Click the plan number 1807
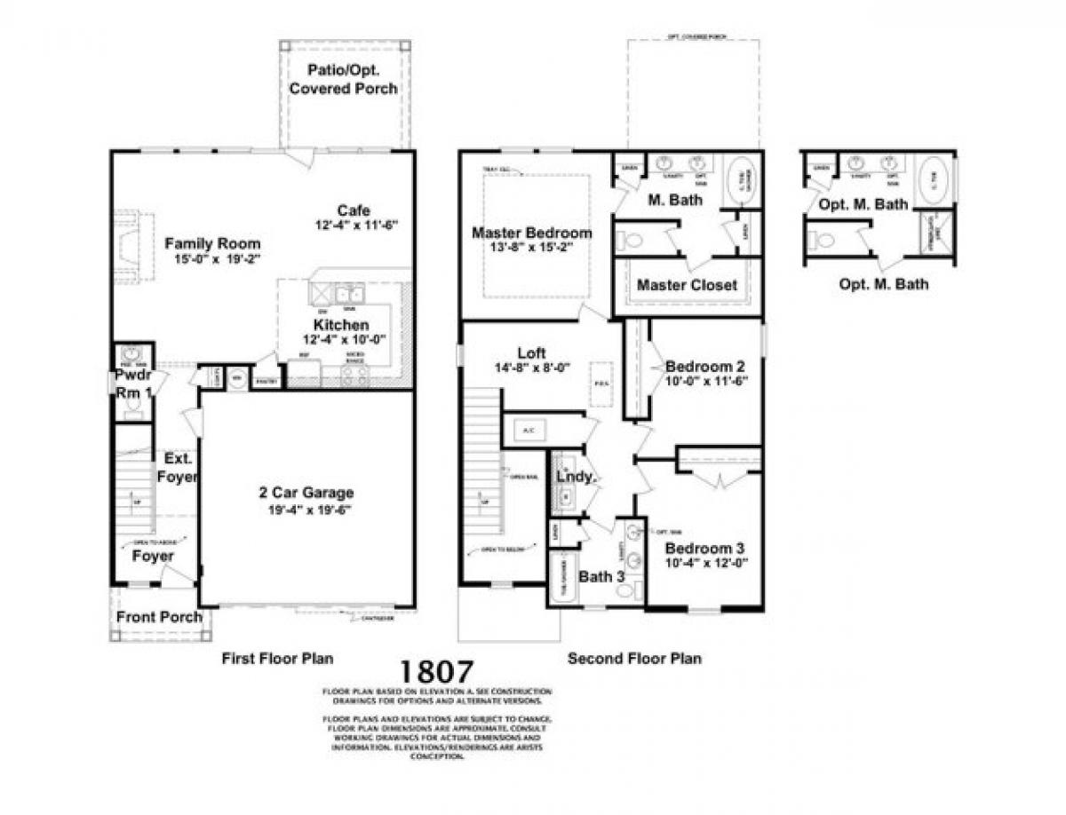click(x=436, y=672)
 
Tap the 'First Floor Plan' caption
click(x=277, y=659)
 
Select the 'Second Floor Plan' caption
click(x=634, y=659)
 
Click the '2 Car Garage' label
click(x=306, y=493)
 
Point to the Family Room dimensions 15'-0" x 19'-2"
click(x=212, y=260)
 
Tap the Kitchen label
click(x=340, y=325)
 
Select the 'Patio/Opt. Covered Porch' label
click(x=343, y=79)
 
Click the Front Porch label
click(x=160, y=617)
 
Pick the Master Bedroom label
click(x=531, y=233)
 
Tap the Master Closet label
click(x=687, y=285)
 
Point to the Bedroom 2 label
click(x=705, y=366)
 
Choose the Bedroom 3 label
click(x=706, y=548)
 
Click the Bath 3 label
click(x=602, y=576)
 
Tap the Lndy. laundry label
click(x=575, y=477)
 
